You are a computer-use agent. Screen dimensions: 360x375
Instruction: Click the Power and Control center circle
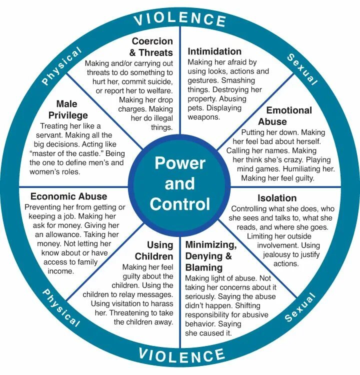coord(180,183)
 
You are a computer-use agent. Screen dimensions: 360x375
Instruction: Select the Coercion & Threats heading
coord(152,46)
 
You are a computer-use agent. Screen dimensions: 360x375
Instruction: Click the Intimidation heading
coord(214,51)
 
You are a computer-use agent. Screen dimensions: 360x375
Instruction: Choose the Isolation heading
coord(277,197)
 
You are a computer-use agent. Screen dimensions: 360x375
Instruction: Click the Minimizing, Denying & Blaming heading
coord(210,256)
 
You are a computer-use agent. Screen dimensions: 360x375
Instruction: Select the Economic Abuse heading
coord(68,196)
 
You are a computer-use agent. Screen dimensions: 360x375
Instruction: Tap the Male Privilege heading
coord(73,109)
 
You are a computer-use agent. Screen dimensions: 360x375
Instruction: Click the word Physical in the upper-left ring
coord(61,66)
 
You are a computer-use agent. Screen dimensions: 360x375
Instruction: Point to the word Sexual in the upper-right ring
coord(302,68)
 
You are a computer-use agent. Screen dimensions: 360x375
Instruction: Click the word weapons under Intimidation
coord(203,117)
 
